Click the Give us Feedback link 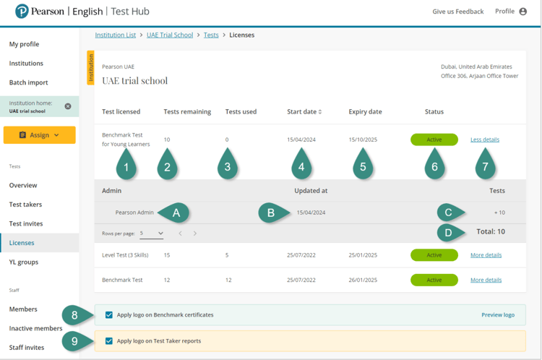[457, 12]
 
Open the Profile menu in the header [511, 12]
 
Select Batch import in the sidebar [29, 82]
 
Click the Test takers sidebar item [25, 205]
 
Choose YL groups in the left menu [24, 262]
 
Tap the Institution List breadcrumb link [116, 35]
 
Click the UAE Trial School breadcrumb [170, 35]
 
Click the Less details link [484, 140]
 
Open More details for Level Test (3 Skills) [486, 255]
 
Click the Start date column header [304, 112]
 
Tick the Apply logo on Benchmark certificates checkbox [109, 315]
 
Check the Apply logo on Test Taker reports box [109, 341]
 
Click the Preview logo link [498, 315]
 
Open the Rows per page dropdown [152, 233]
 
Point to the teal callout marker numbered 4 [301, 166]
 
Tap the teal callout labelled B [271, 213]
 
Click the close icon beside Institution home [68, 106]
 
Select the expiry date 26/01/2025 [363, 280]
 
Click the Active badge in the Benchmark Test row [434, 280]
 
